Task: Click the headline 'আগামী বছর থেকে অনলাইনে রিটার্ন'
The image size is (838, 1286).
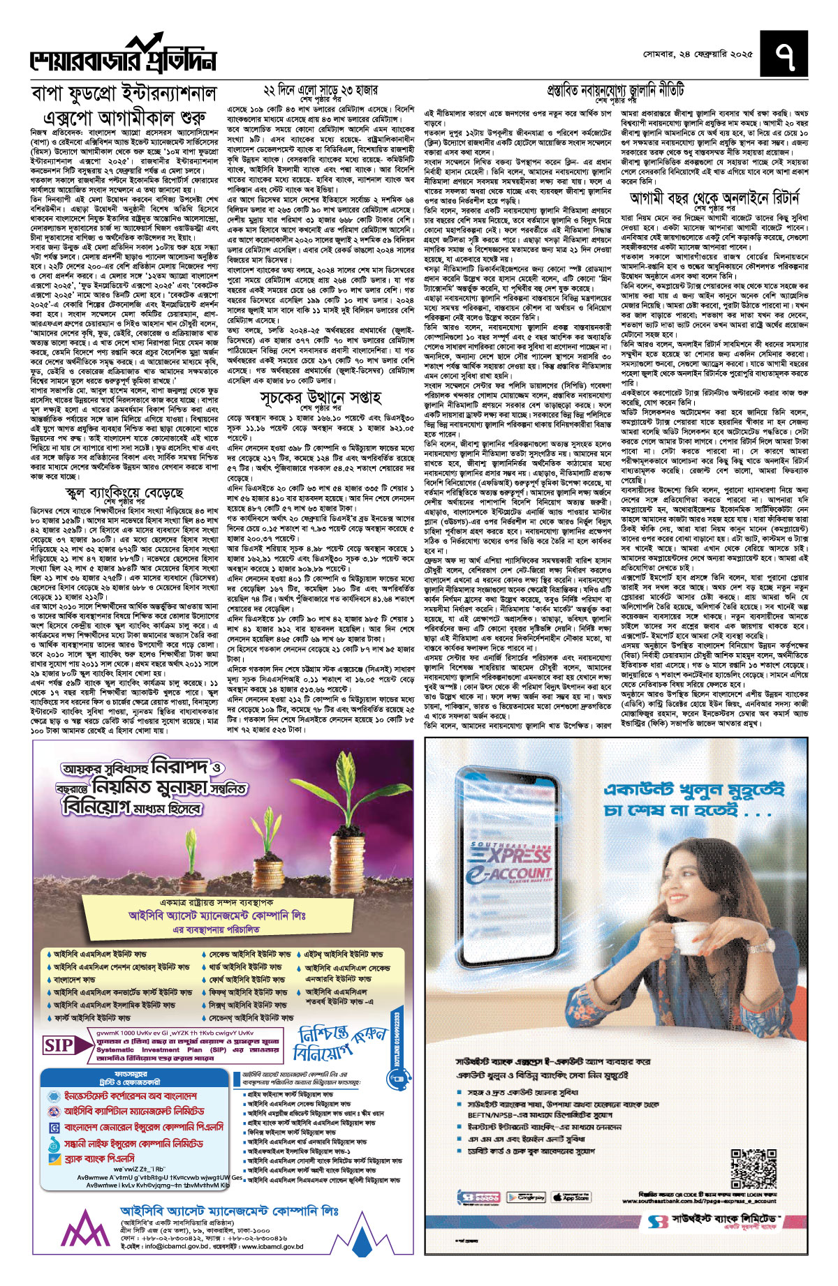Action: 714,198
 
